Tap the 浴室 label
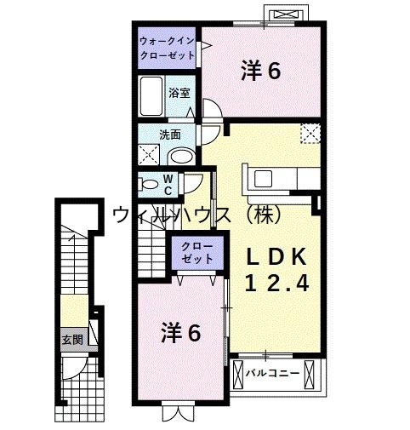click(x=179, y=93)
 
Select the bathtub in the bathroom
click(x=154, y=96)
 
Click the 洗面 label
click(x=170, y=135)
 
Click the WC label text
click(x=168, y=183)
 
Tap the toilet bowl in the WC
click(x=151, y=182)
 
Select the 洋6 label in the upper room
click(x=261, y=72)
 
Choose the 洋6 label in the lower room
click(x=181, y=334)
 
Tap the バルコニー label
click(x=272, y=373)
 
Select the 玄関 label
click(x=72, y=339)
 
